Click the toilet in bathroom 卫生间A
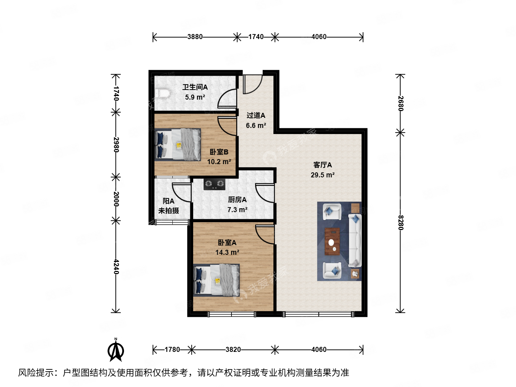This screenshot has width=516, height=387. pos(162,93)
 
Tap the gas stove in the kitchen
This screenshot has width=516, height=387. pos(214,184)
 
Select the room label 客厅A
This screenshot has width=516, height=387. pos(322,165)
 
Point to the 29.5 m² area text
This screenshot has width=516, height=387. pos(322,175)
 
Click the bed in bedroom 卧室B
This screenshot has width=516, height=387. pos(178,144)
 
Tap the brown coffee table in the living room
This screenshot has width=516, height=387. pos(332,242)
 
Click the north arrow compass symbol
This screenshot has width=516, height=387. pos(116,350)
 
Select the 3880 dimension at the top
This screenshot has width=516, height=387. pos(195,37)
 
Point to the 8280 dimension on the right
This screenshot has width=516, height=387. pos(401,223)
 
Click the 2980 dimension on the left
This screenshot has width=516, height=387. pos(116,144)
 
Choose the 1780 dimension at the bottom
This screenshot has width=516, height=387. pos(172,349)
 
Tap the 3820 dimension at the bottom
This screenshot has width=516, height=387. pos(233,349)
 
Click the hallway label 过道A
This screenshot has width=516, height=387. pos(256,115)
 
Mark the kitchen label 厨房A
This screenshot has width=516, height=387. pos(237,200)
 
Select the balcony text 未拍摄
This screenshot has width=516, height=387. pos(169,211)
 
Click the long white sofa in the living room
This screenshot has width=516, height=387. pos(355,240)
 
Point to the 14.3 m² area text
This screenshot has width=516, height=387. pos(227,252)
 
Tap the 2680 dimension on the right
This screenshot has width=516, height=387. pos(401,104)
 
